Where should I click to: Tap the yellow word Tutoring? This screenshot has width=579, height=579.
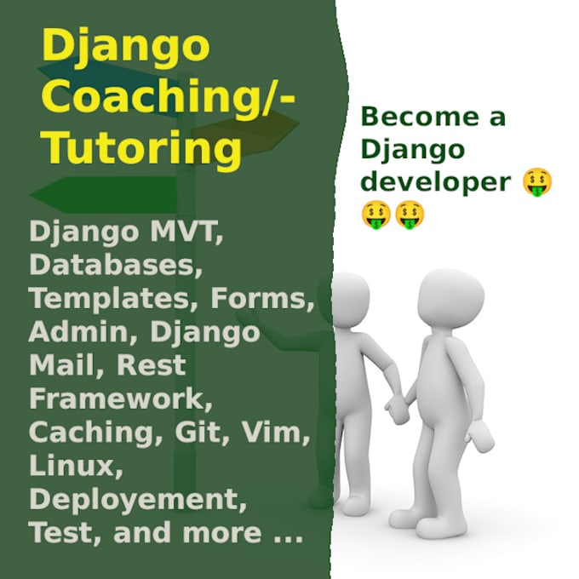pyautogui.click(x=141, y=147)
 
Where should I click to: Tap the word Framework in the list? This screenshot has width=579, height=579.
pyautogui.click(x=117, y=398)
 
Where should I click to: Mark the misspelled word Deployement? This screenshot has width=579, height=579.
pyautogui.click(x=137, y=499)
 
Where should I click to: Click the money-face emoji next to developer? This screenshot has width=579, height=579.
pyautogui.click(x=537, y=182)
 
